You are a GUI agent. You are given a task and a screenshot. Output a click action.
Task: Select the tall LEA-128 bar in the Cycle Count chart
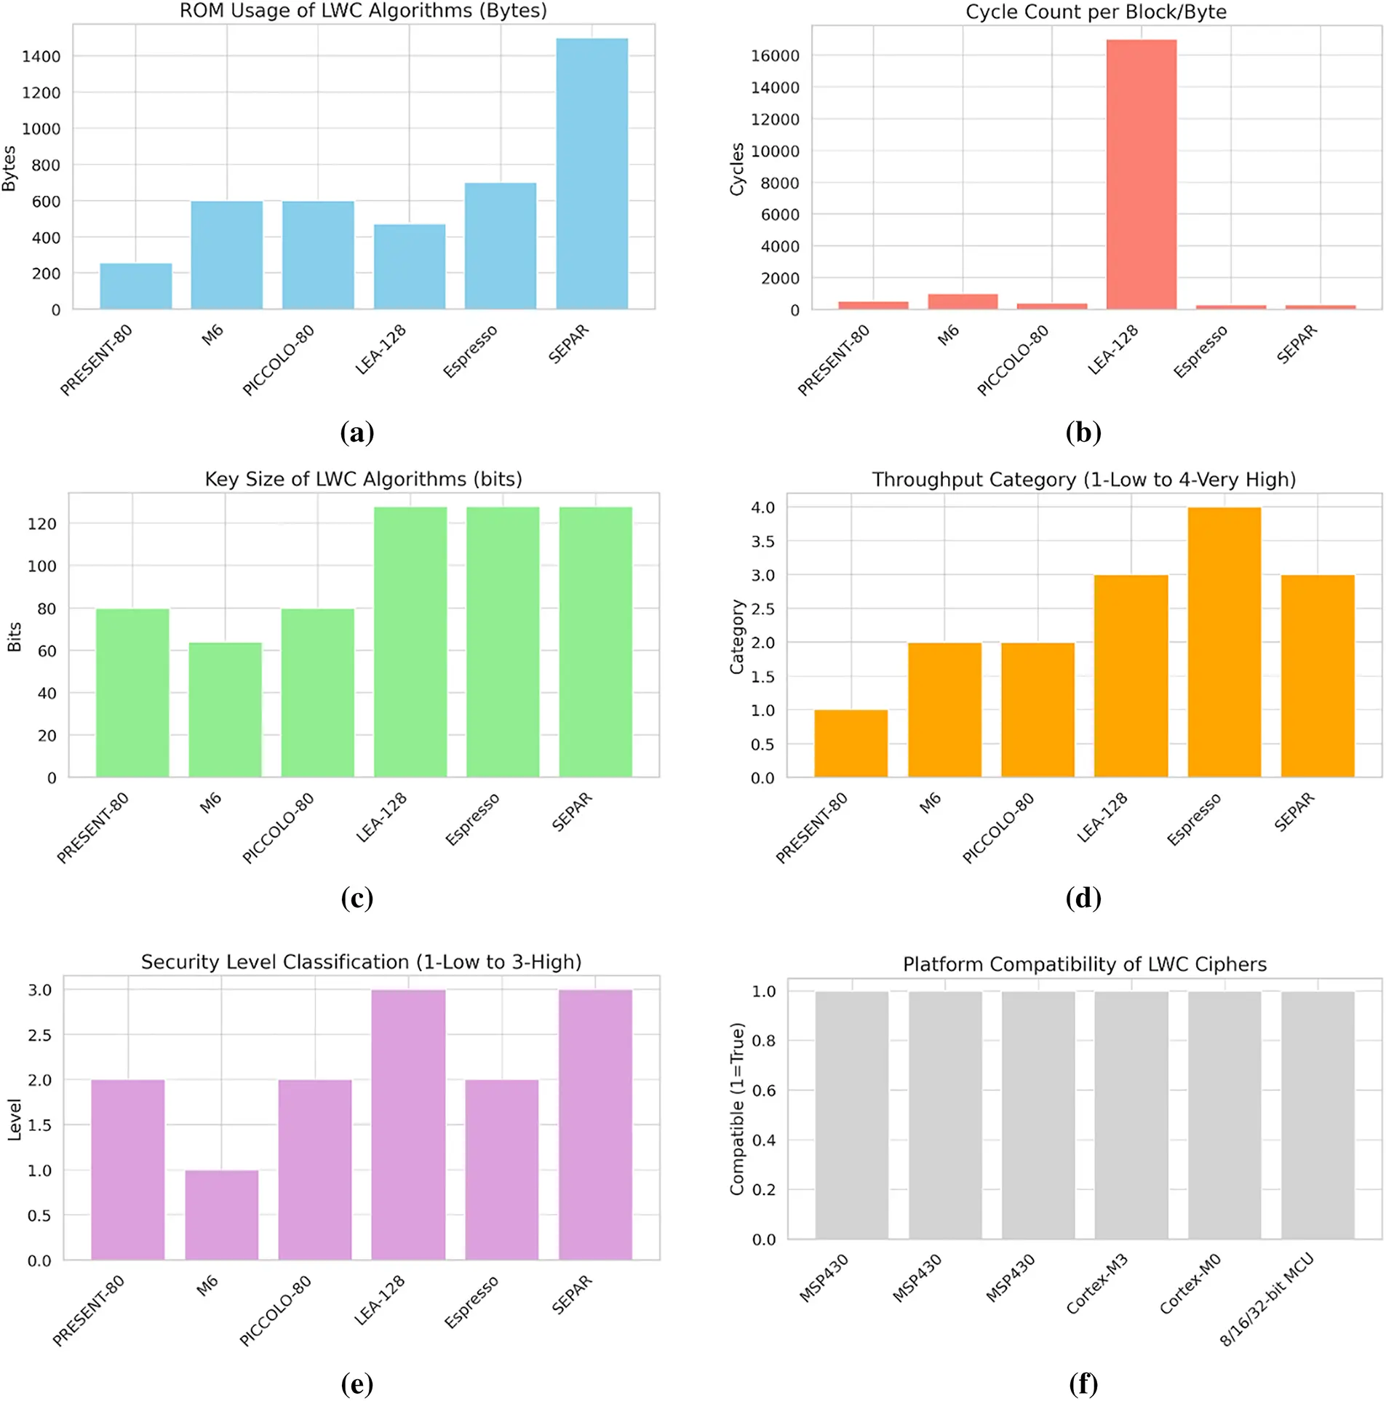coord(1140,175)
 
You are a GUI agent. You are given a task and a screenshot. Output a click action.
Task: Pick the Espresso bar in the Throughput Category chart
coord(1223,641)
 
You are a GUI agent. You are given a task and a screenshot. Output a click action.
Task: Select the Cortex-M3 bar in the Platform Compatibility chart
coord(1131,1114)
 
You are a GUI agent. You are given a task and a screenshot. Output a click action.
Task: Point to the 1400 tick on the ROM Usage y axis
coord(41,57)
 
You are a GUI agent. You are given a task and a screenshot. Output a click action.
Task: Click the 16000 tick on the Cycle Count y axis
coord(774,56)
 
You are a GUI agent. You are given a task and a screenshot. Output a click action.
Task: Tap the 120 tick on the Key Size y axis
coord(41,523)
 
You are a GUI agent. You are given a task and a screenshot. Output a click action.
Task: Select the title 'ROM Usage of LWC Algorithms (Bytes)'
coord(363,11)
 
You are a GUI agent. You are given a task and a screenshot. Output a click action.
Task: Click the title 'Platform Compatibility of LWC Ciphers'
coord(1084,964)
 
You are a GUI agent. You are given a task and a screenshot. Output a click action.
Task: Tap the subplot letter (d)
coord(1083,897)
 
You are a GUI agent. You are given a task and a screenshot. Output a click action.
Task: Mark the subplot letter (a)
coord(357,432)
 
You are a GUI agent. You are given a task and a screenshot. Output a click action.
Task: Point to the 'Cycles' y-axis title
coord(737,169)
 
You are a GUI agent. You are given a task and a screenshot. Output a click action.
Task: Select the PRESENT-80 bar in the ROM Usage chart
coord(135,286)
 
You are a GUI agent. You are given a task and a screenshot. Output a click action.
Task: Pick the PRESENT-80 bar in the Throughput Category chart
coord(850,743)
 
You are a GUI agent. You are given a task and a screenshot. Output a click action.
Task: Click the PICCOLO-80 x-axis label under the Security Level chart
coord(275,1310)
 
